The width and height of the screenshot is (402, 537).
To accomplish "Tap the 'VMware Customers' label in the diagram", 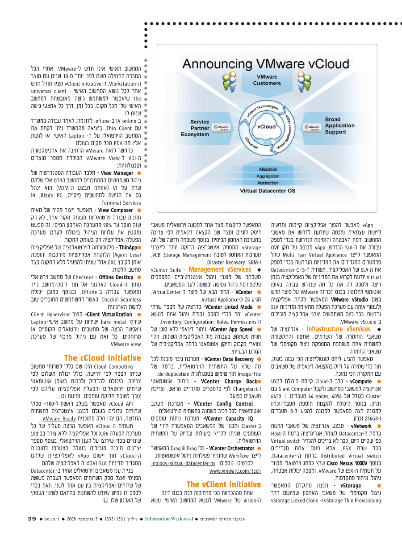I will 267,80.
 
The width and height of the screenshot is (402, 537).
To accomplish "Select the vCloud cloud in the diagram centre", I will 267,126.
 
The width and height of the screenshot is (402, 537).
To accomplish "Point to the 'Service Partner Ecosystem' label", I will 200,128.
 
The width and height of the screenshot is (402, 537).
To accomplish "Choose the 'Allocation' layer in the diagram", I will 268,169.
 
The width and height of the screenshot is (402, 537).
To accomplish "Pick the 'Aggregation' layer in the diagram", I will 268,176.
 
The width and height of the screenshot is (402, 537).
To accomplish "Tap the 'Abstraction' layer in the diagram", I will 268,183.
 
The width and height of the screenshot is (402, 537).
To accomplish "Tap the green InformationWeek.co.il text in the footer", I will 167,519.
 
